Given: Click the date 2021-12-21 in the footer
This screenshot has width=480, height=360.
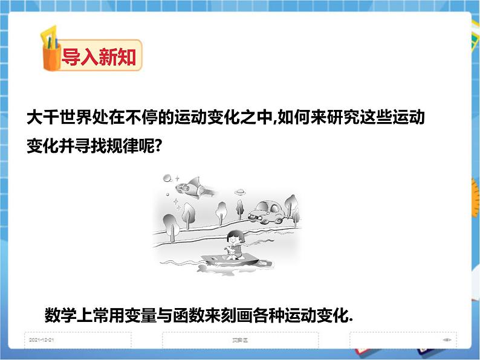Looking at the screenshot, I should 41,340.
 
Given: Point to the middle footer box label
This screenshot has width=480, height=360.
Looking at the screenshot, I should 241,340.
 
